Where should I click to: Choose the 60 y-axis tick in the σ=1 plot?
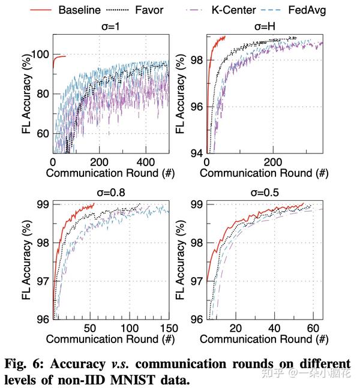(43, 133)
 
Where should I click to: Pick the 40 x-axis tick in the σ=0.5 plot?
(274, 327)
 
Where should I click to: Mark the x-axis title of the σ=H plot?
(264, 173)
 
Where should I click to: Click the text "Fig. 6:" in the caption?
(25, 364)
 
